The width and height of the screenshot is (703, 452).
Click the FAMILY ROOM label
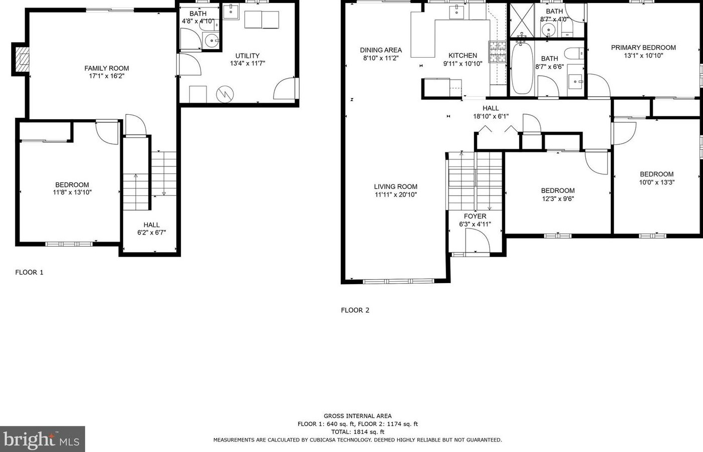click(x=107, y=68)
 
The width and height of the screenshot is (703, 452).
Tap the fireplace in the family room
click(x=22, y=59)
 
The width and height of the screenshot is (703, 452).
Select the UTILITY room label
click(x=248, y=56)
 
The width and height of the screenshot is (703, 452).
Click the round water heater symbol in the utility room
click(x=225, y=94)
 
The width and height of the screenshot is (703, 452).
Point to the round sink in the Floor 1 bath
click(x=213, y=41)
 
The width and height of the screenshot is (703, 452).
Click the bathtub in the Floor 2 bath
click(x=522, y=68)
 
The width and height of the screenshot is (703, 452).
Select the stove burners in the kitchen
click(x=498, y=52)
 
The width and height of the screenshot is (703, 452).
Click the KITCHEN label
click(x=462, y=56)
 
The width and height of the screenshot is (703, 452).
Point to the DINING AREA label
click(x=381, y=50)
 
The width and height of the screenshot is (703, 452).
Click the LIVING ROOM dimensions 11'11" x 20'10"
click(x=396, y=194)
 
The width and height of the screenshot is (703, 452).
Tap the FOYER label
click(x=475, y=216)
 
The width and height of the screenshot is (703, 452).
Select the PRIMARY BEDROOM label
click(x=643, y=48)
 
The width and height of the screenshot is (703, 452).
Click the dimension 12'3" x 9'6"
click(x=558, y=199)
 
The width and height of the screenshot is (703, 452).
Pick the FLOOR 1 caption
click(x=29, y=273)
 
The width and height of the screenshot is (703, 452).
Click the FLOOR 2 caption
click(x=355, y=310)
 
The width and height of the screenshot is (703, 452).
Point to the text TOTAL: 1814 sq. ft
click(x=357, y=432)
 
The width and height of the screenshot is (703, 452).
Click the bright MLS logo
click(x=42, y=439)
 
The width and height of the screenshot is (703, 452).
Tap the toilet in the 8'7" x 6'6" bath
click(x=575, y=53)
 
